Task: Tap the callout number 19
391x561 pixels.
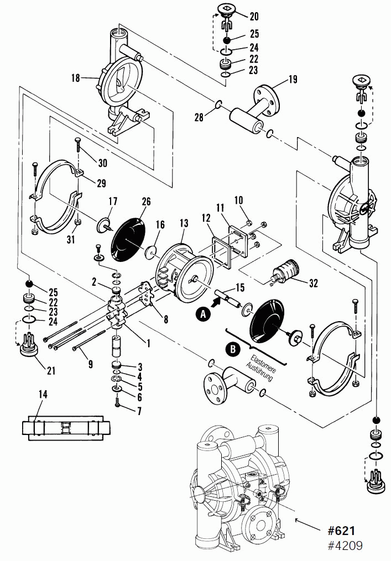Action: [x=292, y=80]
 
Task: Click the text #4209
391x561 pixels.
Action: [x=345, y=546]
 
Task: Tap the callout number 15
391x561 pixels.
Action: [x=239, y=287]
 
